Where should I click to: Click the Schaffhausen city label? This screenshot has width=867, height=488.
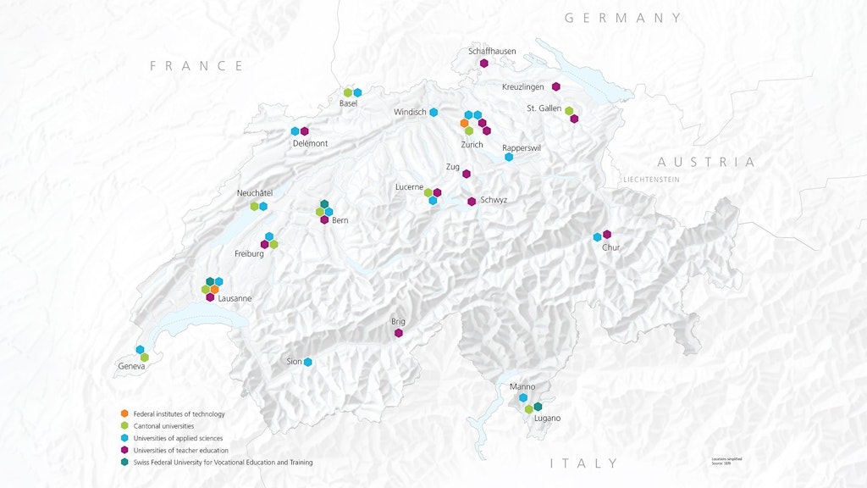492,52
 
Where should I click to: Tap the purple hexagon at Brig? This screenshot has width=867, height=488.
398,333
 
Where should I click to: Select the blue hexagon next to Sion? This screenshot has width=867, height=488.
308,363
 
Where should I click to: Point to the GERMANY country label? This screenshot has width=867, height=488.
623,18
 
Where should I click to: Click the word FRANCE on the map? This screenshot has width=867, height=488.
196,66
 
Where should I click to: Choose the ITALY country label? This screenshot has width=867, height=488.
584,463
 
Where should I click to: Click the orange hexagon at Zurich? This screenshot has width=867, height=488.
464,124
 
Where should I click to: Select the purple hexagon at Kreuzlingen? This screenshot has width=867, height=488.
556,86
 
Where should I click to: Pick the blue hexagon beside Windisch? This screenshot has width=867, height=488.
433,113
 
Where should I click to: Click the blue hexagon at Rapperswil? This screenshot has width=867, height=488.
509,158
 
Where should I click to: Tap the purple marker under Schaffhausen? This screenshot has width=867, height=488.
484,64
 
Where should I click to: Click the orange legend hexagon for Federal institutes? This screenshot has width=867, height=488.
124,413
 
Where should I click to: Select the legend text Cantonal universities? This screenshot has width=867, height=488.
163,426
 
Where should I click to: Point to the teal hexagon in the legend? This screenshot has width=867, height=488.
124,463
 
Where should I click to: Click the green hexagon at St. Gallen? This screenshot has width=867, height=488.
569,110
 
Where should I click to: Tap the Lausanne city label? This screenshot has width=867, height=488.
235,298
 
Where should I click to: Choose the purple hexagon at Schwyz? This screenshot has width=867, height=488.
472,202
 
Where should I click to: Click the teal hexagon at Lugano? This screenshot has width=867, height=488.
538,407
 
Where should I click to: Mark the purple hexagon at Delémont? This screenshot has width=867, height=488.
305,131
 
